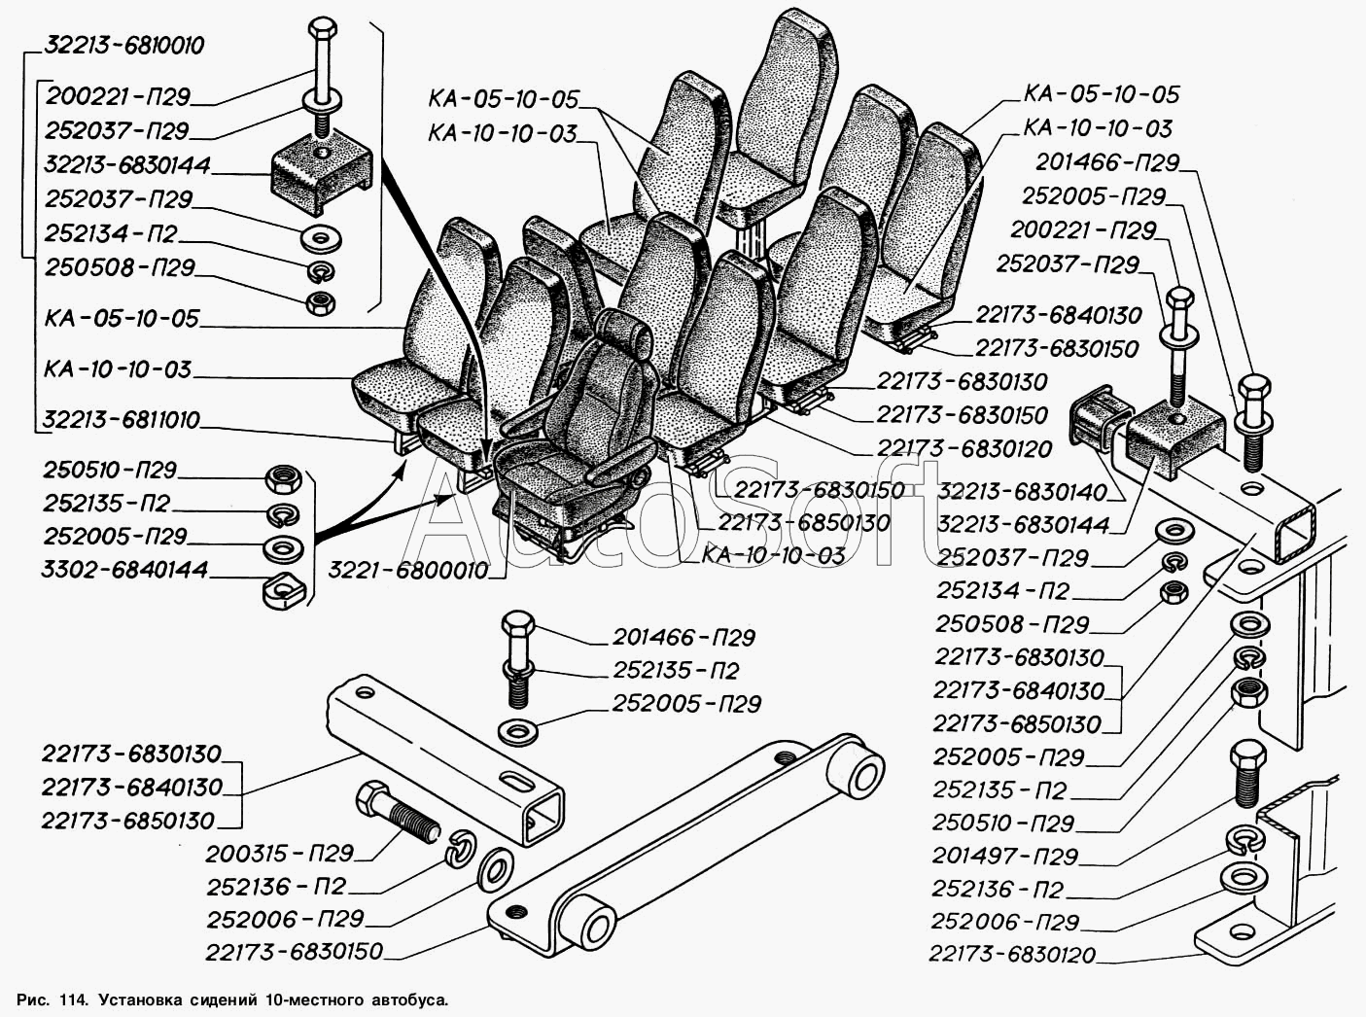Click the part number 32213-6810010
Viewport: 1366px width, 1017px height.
point(123,47)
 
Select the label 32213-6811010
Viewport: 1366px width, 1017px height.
point(121,420)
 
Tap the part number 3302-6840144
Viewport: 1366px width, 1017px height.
point(125,569)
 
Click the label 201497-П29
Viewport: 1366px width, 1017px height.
point(1004,857)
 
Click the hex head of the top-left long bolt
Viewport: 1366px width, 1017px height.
point(321,28)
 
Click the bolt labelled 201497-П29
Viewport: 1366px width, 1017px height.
point(1246,773)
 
